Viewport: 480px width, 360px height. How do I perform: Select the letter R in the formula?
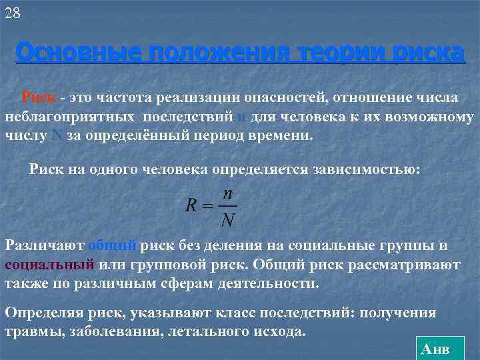click(x=191, y=206)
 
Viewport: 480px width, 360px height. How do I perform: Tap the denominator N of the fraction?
click(x=228, y=219)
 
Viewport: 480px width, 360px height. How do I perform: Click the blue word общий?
click(x=113, y=245)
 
